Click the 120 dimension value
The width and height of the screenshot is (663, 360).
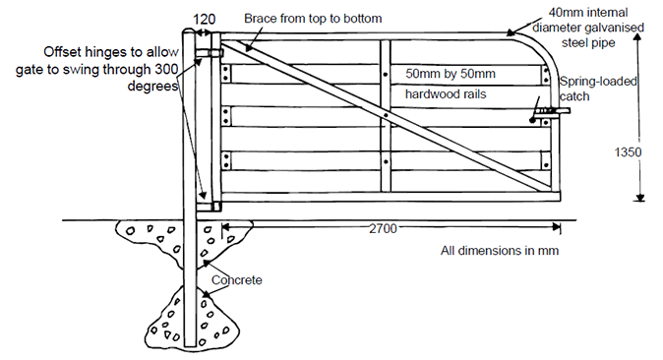(x=205, y=18)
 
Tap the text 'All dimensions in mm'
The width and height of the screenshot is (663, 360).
(x=500, y=250)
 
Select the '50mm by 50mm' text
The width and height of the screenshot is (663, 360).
(x=448, y=74)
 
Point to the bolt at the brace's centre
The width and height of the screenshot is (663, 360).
(x=387, y=115)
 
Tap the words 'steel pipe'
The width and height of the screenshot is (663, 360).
(x=589, y=43)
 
